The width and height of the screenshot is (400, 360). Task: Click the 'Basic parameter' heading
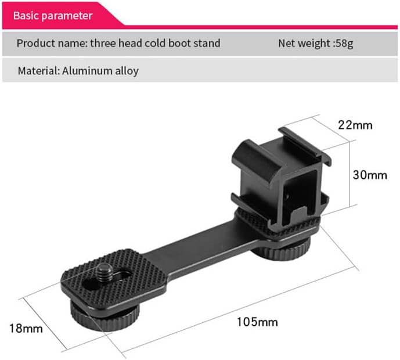coord(53,15)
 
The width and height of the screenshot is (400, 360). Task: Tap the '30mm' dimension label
coord(370,175)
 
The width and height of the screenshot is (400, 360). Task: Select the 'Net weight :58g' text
coord(315,43)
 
